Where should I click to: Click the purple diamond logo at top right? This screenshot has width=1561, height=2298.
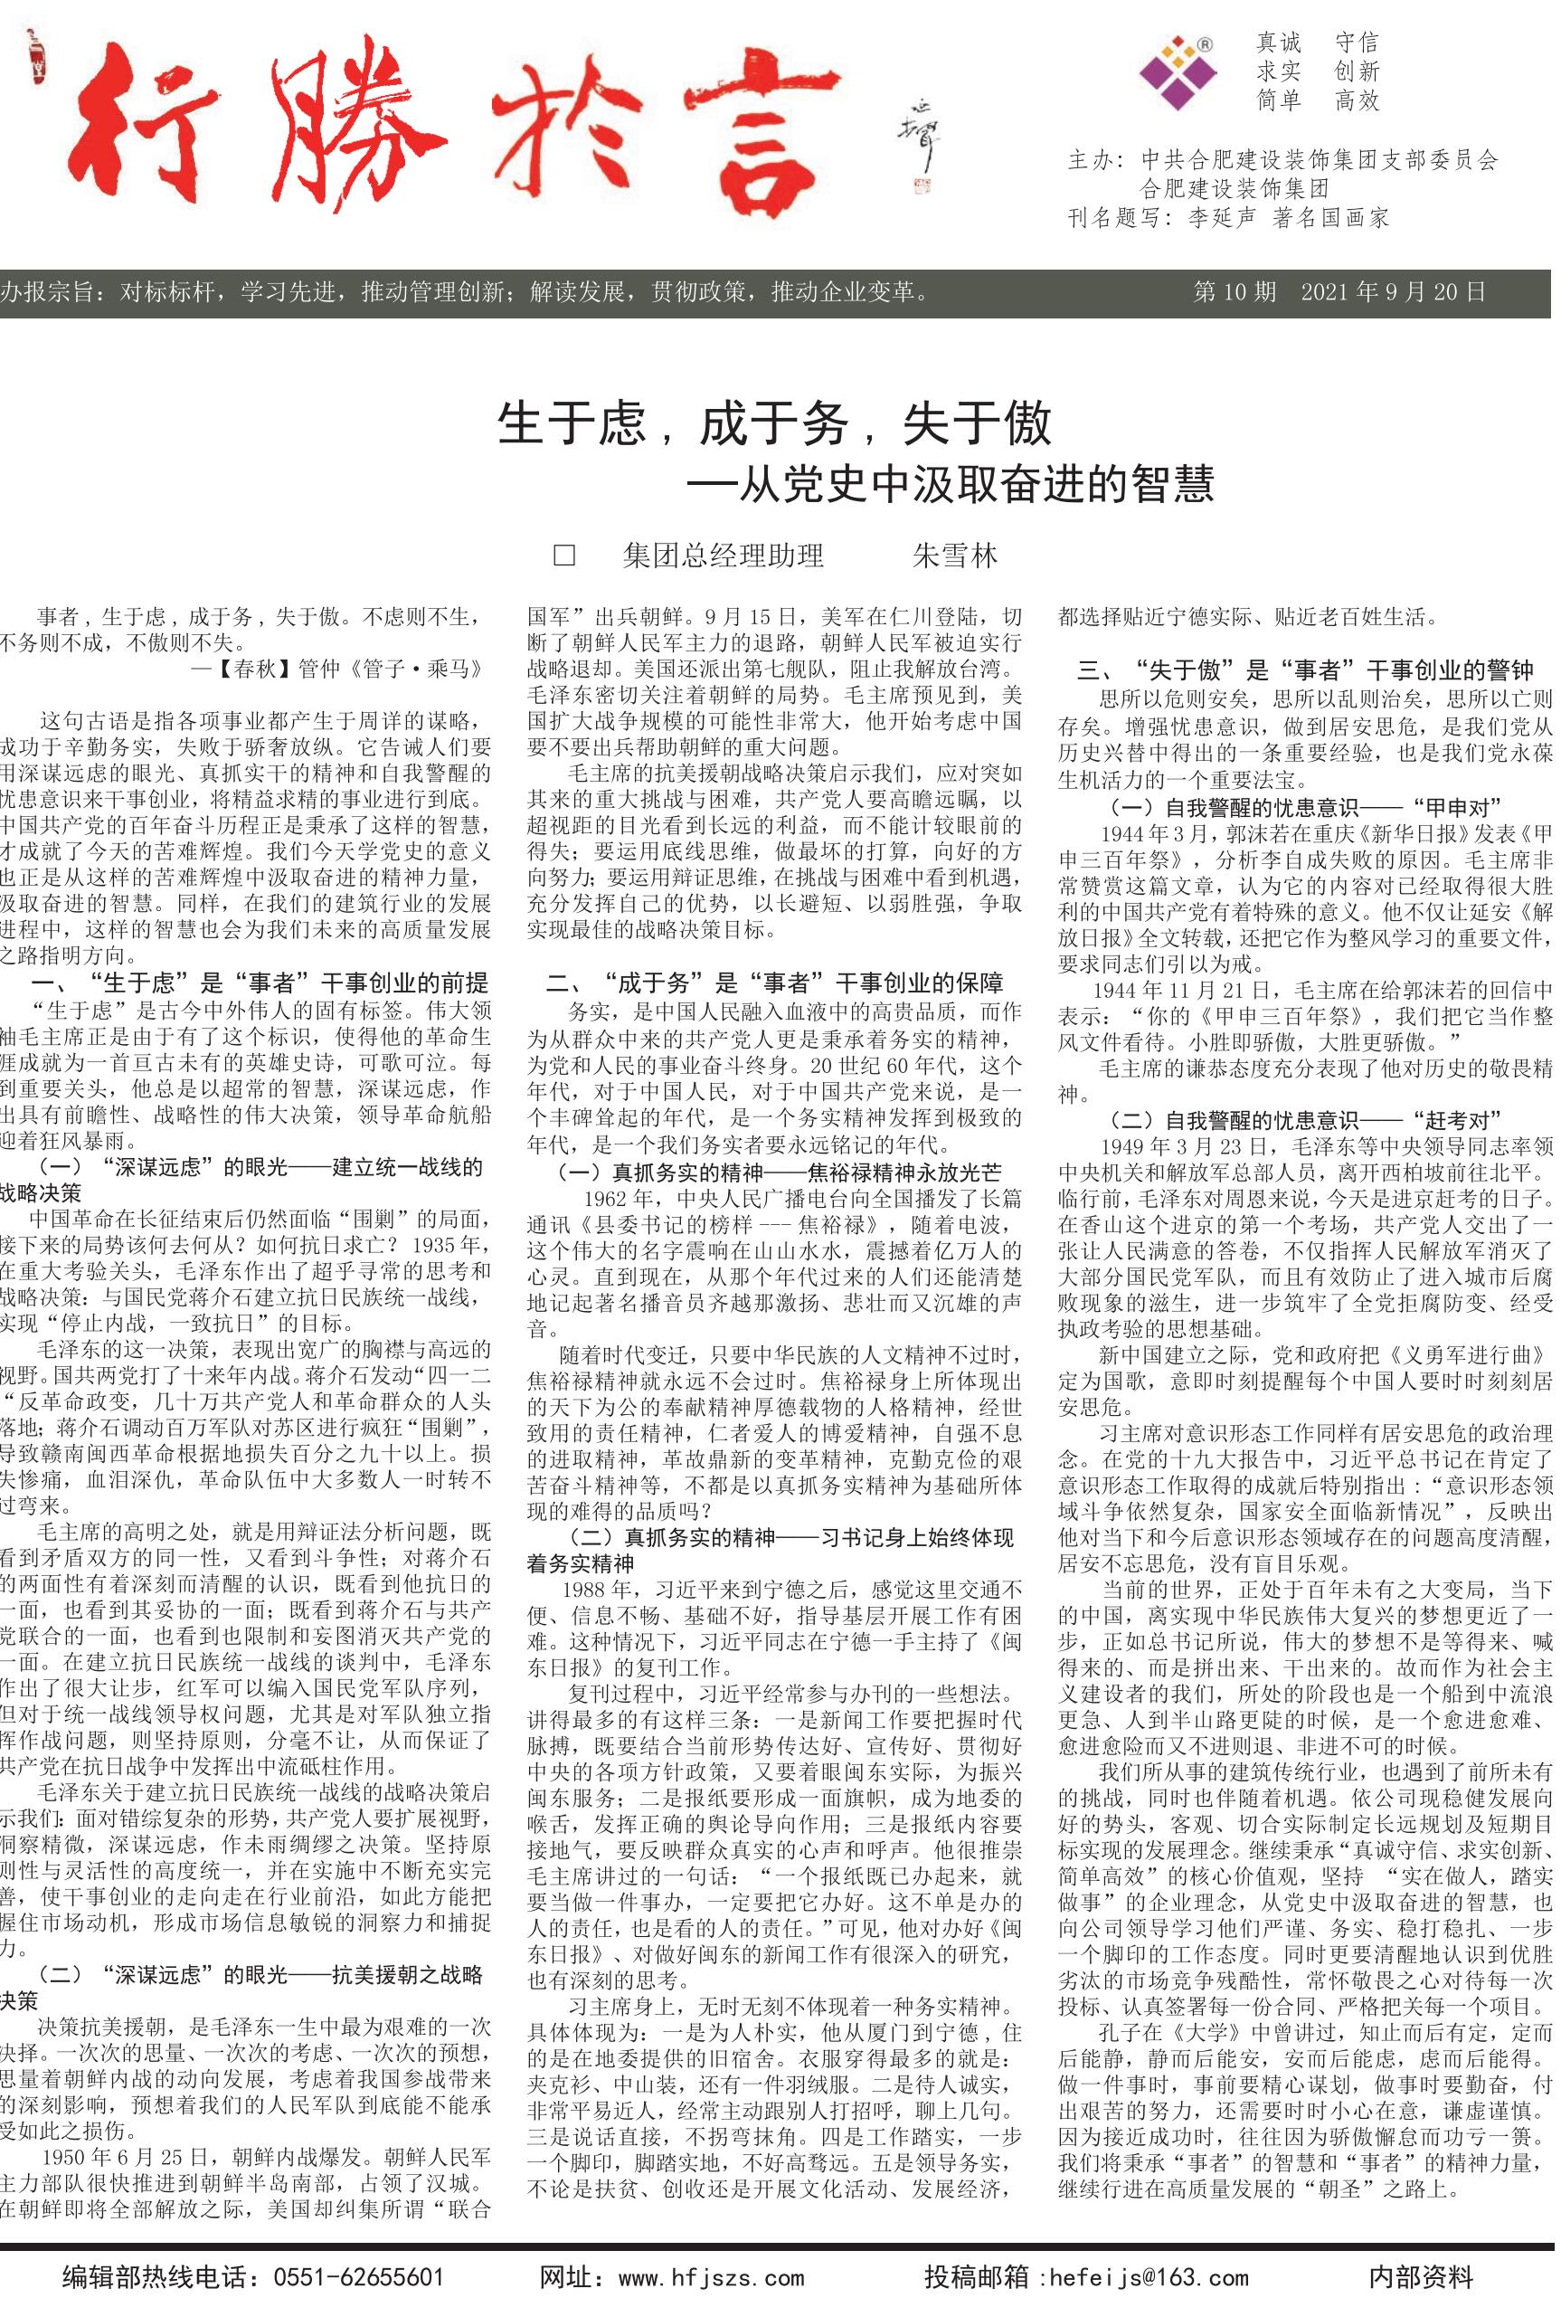1178,71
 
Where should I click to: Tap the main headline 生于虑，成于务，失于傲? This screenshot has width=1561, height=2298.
774,425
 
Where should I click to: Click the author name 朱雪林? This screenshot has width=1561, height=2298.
954,556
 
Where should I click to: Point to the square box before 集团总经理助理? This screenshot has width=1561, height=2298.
564,556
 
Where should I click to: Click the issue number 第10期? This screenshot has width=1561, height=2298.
1235,291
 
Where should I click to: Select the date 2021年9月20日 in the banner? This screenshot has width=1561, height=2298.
1393,291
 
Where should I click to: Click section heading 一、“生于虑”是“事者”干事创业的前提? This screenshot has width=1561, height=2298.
260,983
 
